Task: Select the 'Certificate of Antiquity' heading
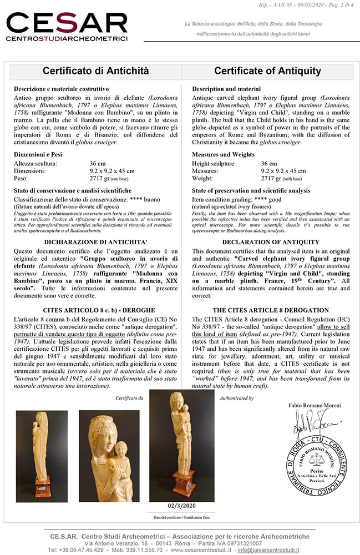click(x=267, y=71)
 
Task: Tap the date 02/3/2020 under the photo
click(x=181, y=506)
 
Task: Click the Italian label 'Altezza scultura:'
click(x=36, y=164)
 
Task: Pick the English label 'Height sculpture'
click(x=214, y=164)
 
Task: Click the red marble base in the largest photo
click(x=182, y=483)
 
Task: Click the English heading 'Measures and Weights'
click(x=224, y=154)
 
